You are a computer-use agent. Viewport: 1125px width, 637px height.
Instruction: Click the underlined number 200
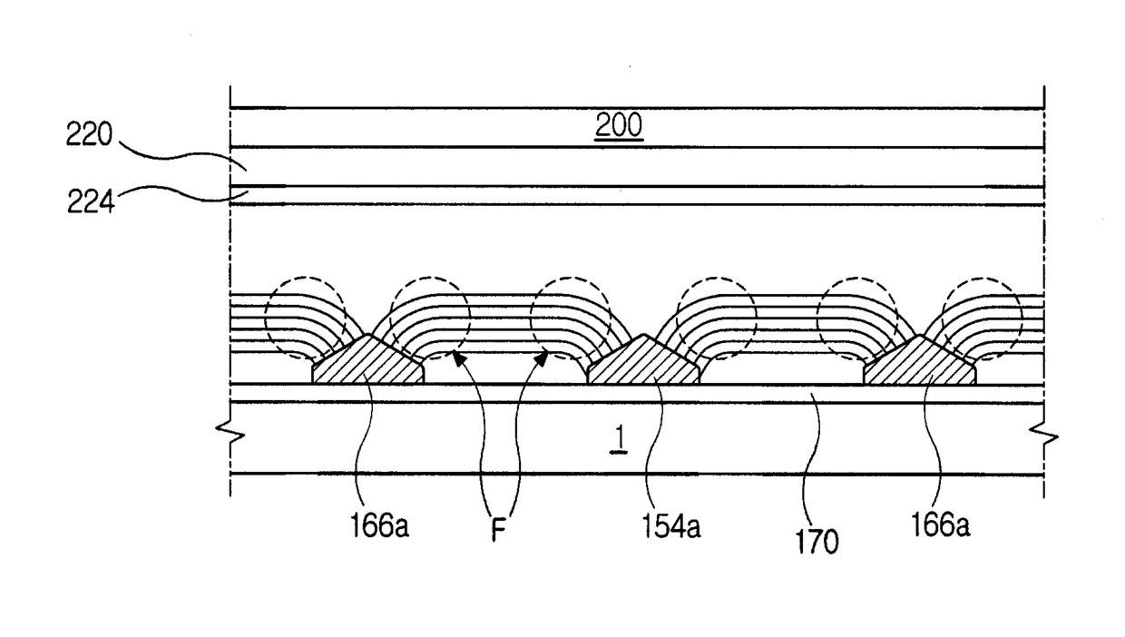[618, 127]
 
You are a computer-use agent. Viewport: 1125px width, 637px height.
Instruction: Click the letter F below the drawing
[497, 530]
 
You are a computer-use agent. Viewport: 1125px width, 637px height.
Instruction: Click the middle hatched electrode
[643, 363]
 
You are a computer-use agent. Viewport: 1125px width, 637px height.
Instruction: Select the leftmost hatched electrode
[367, 363]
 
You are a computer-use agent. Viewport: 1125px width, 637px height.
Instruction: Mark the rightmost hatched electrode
[920, 363]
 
